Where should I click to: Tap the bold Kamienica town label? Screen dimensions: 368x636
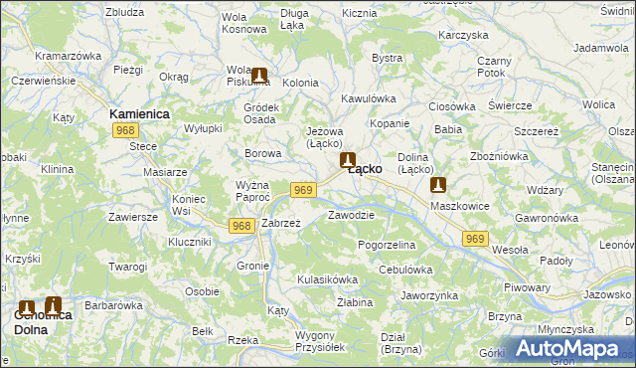click(x=139, y=114)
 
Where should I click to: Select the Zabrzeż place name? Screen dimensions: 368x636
click(x=280, y=223)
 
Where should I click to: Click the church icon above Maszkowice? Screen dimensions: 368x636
click(x=438, y=184)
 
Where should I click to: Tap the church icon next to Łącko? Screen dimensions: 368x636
click(x=348, y=159)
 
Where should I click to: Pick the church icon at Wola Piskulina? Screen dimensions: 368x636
click(x=259, y=75)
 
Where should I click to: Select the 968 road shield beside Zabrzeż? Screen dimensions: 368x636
click(x=240, y=226)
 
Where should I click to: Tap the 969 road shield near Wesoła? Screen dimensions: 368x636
click(x=476, y=239)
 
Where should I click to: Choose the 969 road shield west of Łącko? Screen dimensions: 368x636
click(x=304, y=190)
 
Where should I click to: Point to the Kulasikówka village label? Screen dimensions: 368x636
click(x=327, y=279)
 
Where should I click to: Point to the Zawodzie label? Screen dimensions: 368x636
click(x=351, y=215)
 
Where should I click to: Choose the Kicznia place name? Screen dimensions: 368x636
click(x=359, y=14)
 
